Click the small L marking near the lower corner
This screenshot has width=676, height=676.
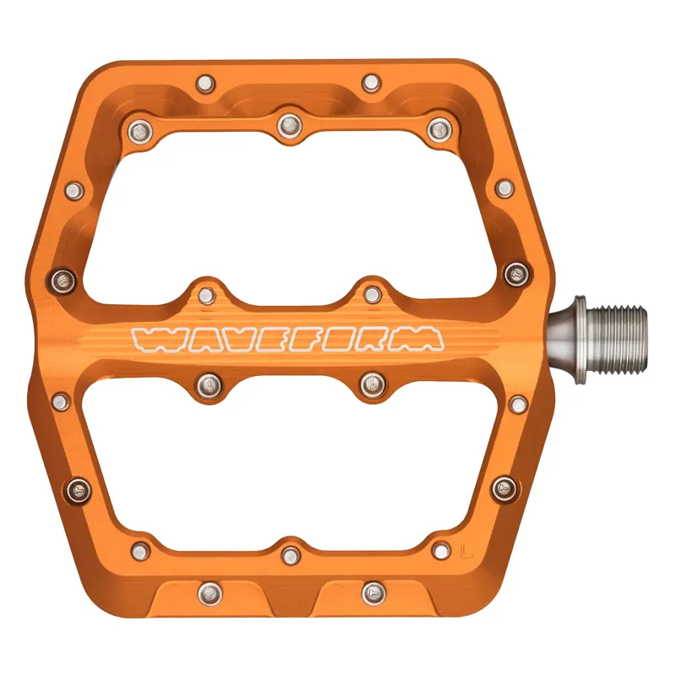(x=466, y=553)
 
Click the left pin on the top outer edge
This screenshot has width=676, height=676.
(x=205, y=83)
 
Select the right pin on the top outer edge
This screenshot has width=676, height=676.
(x=371, y=83)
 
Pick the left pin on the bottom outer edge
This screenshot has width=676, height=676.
(x=207, y=593)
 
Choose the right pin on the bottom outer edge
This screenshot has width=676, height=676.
(x=373, y=593)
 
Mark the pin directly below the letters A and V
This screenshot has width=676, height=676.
(x=207, y=385)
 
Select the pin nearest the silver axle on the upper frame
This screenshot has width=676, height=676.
(x=515, y=273)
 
